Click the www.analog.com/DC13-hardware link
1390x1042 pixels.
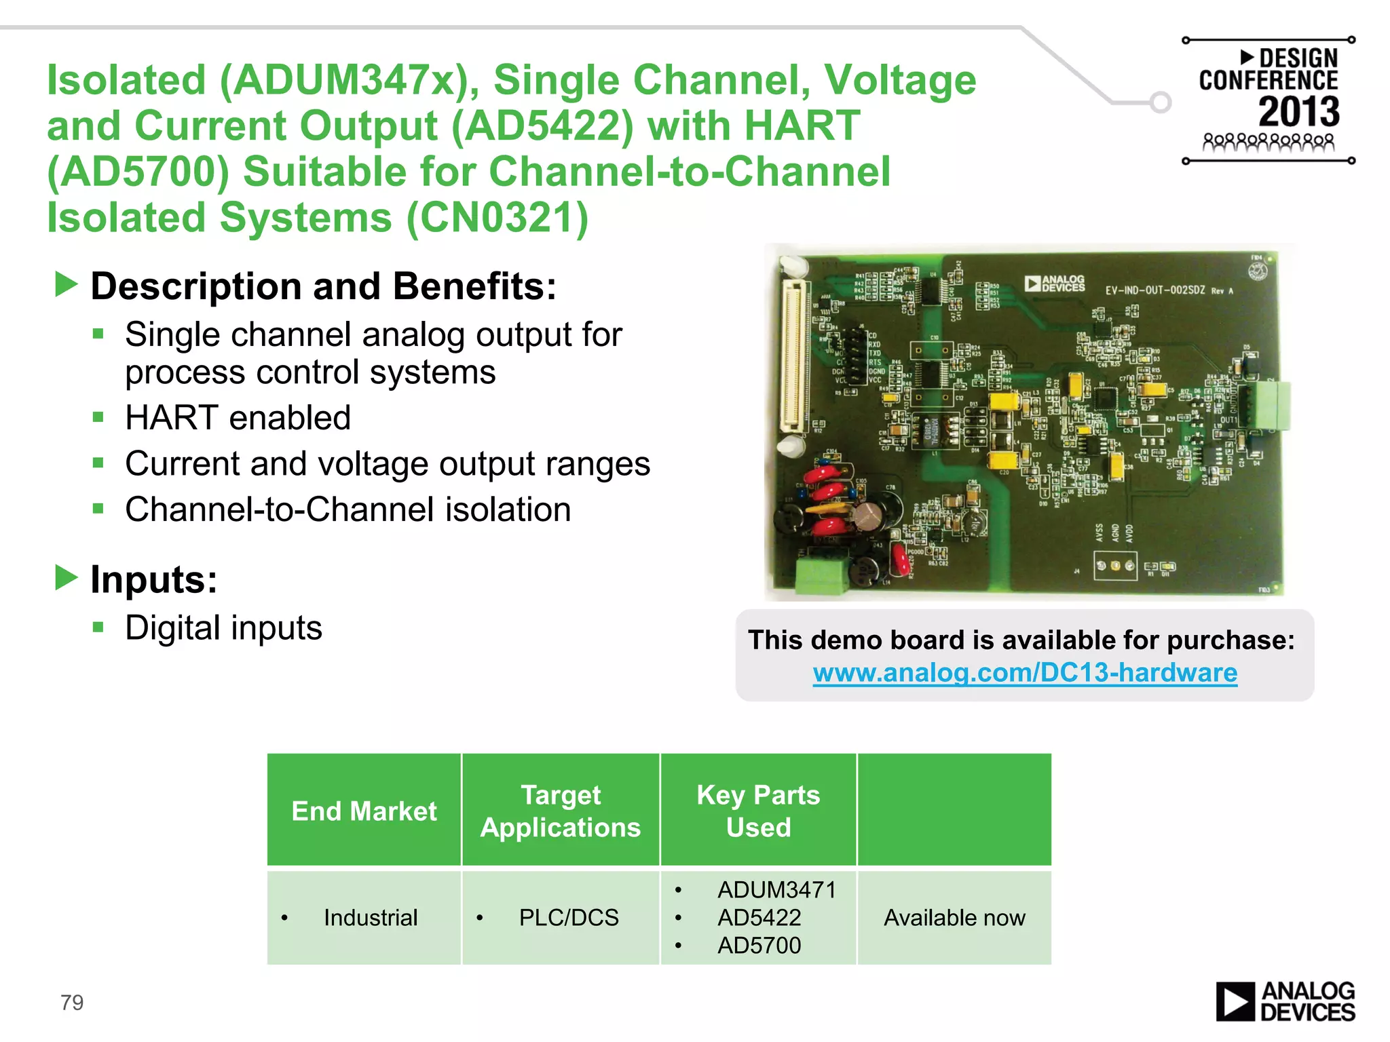click(x=1025, y=673)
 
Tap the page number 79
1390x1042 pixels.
click(x=72, y=1002)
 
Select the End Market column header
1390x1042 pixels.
click(x=364, y=811)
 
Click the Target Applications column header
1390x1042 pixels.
click(x=561, y=811)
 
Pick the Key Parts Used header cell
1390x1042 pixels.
click(x=758, y=811)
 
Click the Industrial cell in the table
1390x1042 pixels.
click(x=371, y=918)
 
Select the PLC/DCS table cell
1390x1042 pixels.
click(x=569, y=918)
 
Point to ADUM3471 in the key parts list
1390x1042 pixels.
click(x=776, y=890)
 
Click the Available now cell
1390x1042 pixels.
click(x=954, y=918)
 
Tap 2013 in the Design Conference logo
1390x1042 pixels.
click(x=1299, y=112)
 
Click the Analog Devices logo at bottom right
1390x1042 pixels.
click(x=1285, y=1001)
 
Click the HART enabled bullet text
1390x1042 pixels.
click(x=238, y=418)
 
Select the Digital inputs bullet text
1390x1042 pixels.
click(x=223, y=628)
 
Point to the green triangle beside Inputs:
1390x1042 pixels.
click(x=67, y=578)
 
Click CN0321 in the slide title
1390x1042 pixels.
click(x=497, y=218)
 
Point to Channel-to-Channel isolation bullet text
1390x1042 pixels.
click(x=347, y=509)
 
